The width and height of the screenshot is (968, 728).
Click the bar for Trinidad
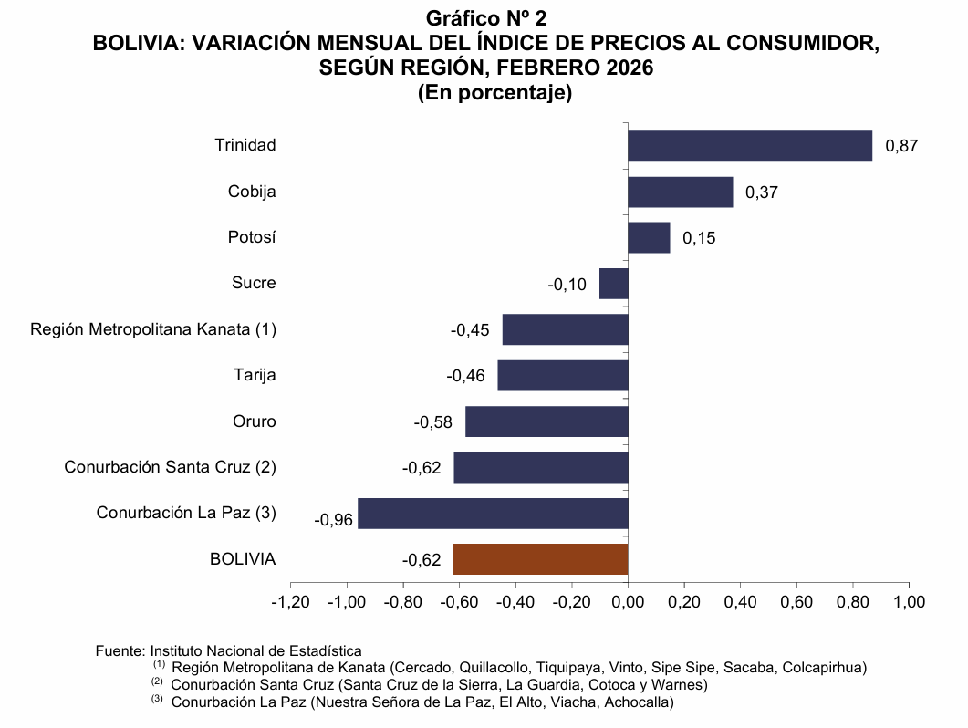750,146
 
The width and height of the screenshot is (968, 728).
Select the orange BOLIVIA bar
541,559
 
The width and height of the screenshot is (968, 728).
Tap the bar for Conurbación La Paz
493,513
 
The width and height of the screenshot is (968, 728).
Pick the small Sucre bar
613,284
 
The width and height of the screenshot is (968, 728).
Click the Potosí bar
649,237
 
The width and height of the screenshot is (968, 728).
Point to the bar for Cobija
681,192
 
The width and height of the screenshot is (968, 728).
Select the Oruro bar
546,421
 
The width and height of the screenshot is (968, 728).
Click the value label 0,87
901,146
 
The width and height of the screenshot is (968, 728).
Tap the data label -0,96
333,520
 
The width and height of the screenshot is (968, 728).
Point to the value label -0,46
465,376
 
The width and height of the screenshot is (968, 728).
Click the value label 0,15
699,238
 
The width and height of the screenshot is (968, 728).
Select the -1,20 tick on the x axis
290,602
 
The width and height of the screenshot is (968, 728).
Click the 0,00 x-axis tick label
628,602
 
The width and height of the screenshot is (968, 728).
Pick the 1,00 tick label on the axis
909,602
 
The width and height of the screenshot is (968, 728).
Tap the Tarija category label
255,375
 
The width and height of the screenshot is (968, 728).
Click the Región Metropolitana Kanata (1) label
153,329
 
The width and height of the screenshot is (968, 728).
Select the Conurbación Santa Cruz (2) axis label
170,467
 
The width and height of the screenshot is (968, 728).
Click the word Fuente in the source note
119,651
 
